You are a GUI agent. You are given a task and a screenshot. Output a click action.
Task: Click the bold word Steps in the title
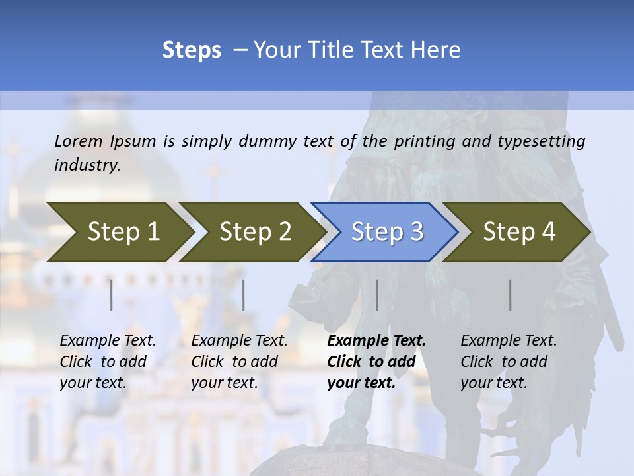[192, 50]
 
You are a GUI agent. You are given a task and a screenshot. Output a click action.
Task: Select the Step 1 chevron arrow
[119, 232]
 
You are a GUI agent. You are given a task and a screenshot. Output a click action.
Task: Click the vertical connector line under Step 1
[112, 295]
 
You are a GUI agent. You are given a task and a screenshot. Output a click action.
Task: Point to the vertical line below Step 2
[244, 295]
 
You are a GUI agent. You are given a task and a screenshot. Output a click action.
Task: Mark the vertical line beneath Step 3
[376, 295]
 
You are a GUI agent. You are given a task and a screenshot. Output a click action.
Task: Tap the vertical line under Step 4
[510, 295]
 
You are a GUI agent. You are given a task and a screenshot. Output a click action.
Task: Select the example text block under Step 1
[107, 362]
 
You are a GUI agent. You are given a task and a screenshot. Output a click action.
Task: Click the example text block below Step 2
[239, 362]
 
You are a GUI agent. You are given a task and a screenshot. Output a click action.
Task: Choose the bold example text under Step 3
[376, 362]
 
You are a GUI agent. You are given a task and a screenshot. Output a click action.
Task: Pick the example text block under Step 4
[508, 362]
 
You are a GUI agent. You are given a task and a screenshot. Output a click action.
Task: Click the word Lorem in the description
[79, 141]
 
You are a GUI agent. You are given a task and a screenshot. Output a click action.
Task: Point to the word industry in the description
[87, 165]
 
